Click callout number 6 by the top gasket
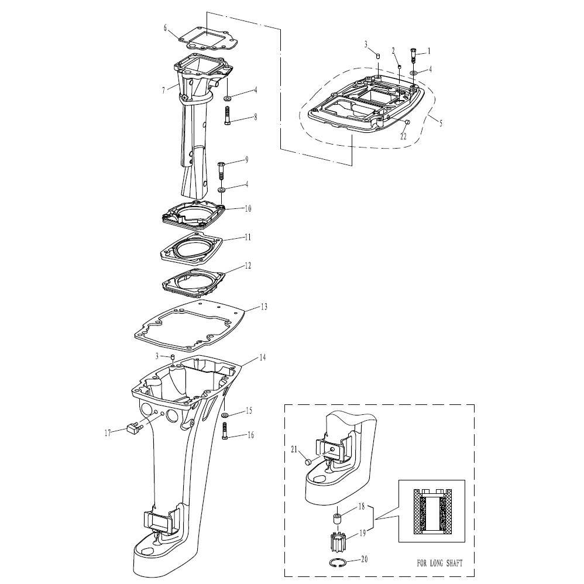(166, 28)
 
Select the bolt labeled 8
(228, 115)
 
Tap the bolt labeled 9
(221, 171)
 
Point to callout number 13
(264, 307)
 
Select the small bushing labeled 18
(338, 518)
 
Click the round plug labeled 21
(308, 462)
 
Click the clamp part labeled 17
(133, 428)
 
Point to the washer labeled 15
(225, 415)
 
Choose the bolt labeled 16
(225, 431)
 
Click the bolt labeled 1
(413, 55)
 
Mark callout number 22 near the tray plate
(403, 136)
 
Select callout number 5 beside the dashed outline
(441, 123)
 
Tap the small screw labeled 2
(400, 66)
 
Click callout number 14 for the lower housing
(263, 357)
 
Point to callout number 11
(248, 237)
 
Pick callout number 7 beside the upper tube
(163, 91)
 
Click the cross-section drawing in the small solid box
(432, 511)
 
